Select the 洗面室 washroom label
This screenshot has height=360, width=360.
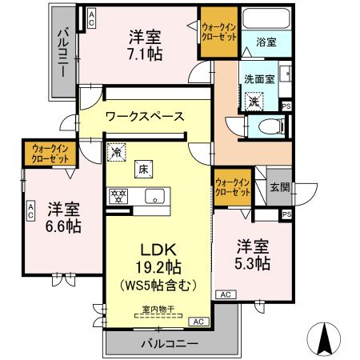pos(259,79)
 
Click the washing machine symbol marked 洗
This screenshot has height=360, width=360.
pos(254,102)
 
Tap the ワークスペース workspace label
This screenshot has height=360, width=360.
pos(145,116)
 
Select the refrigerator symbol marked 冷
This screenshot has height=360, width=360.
pos(117,150)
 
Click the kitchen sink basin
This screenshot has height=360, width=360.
pos(154,196)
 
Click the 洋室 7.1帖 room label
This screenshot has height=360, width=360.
pos(146,44)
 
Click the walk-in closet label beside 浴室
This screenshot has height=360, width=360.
pos(218,33)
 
